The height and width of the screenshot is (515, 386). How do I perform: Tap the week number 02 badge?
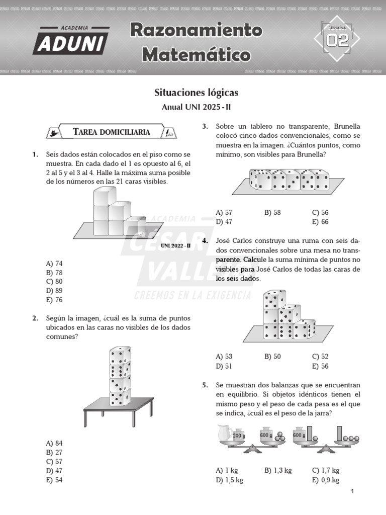tap(337, 40)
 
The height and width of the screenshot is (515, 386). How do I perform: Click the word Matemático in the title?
tap(196, 54)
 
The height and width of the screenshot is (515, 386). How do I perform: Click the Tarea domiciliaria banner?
tap(112, 132)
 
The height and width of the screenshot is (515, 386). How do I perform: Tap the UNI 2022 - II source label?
tap(176, 245)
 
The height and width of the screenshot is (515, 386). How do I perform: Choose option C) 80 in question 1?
tap(54, 282)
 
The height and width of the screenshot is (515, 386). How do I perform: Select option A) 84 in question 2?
tap(54, 443)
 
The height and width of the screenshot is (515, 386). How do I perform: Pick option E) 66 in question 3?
tap(320, 221)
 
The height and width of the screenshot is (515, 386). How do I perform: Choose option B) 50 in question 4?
tap(272, 357)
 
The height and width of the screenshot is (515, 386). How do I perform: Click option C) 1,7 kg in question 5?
tap(325, 470)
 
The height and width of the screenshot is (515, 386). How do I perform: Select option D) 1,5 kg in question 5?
tap(229, 480)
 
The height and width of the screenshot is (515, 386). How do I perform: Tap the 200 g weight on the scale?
tap(239, 436)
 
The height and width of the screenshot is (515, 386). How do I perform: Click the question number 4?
tap(205, 241)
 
